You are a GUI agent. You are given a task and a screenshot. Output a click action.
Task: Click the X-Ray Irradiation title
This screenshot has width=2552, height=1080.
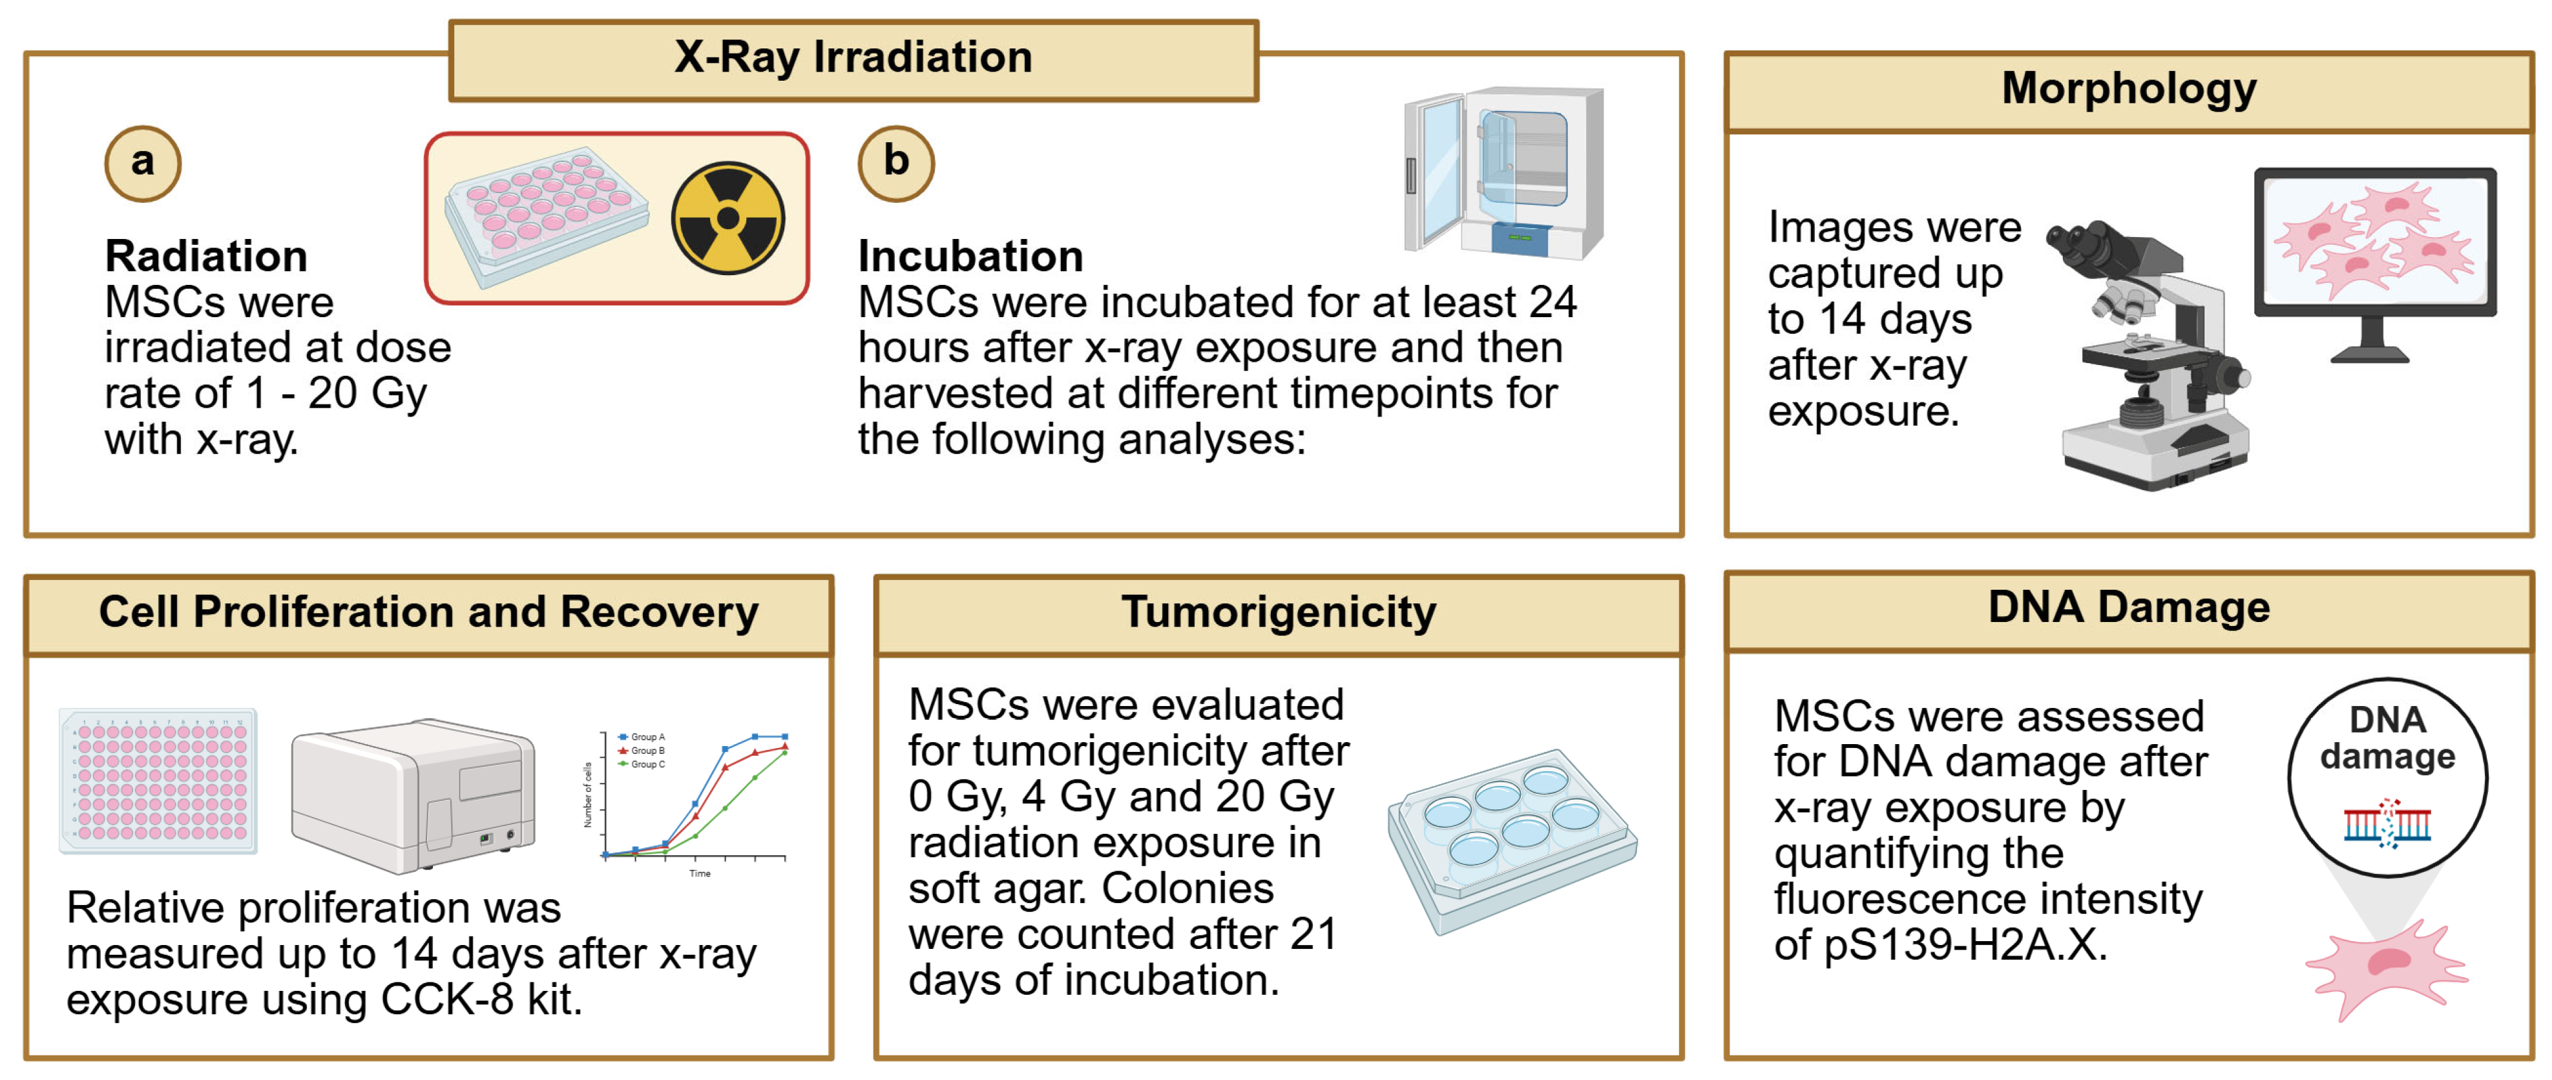(853, 56)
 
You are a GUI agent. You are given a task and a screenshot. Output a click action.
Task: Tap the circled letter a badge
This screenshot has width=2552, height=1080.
(143, 163)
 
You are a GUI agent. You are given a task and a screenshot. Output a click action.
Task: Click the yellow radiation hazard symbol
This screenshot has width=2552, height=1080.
(728, 218)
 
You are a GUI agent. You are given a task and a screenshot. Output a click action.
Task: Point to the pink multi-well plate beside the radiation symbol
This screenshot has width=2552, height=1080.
(546, 217)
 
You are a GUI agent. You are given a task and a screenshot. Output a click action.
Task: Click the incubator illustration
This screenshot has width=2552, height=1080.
(1503, 172)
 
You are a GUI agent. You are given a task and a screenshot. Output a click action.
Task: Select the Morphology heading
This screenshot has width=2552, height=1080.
(2129, 88)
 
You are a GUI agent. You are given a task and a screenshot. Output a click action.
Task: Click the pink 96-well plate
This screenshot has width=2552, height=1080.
(158, 781)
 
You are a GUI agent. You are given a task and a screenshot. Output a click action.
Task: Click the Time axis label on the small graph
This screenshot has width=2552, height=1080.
(700, 873)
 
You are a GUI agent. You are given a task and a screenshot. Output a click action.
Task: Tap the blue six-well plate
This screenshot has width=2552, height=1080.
(1512, 841)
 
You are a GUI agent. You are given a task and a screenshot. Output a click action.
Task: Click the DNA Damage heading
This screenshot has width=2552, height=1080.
(2129, 607)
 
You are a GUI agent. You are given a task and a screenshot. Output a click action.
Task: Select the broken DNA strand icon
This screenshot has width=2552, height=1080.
(2387, 822)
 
